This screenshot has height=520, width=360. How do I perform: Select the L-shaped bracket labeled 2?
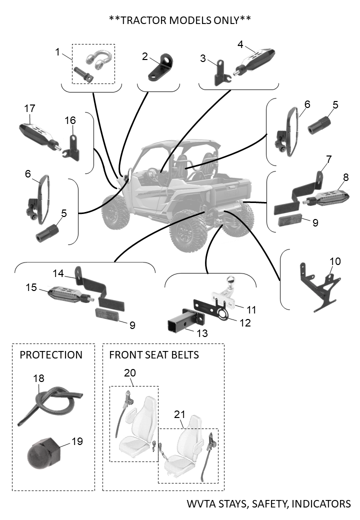pyautogui.click(x=161, y=67)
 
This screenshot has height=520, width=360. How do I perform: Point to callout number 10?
pyautogui.click(x=335, y=261)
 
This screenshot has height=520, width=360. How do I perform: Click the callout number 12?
pyautogui.click(x=245, y=322)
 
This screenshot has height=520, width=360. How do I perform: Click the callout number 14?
pyautogui.click(x=58, y=273)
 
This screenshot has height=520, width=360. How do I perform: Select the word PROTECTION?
pyautogui.click(x=50, y=355)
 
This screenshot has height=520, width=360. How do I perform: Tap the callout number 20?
pyautogui.click(x=129, y=373)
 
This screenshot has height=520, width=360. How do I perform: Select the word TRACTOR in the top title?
pyautogui.click(x=143, y=20)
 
